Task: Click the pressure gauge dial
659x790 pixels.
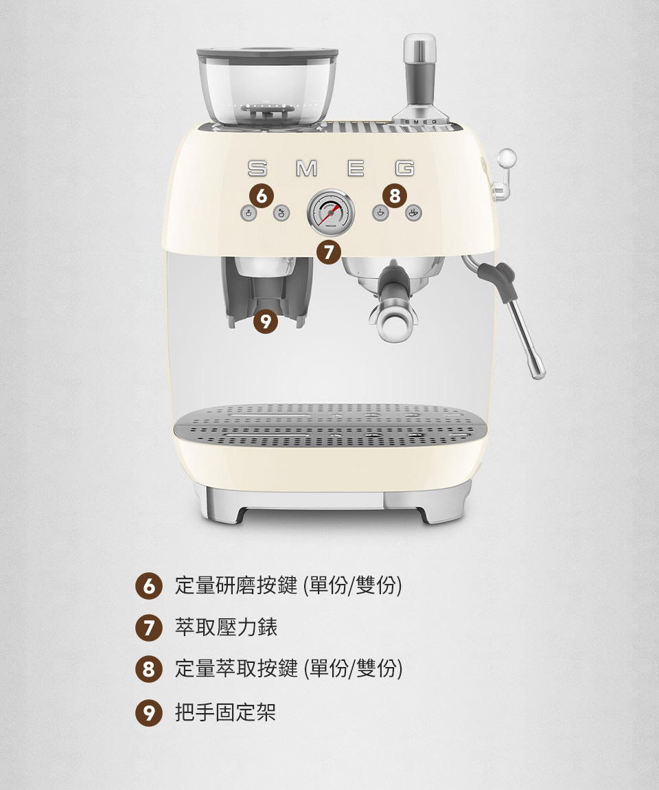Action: click(x=330, y=213)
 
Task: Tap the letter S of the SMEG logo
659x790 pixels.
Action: click(x=257, y=168)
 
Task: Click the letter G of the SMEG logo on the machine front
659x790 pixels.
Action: click(x=404, y=168)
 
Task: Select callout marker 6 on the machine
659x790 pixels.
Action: click(x=262, y=196)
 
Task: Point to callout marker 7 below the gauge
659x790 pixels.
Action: click(x=329, y=252)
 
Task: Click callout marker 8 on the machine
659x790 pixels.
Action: click(x=395, y=196)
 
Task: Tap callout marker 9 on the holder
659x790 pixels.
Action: click(x=266, y=321)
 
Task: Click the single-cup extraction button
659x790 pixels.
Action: click(x=380, y=213)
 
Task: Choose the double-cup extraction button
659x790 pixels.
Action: click(x=414, y=213)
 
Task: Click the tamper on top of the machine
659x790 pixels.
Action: click(x=420, y=80)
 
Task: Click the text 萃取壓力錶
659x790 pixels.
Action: click(x=226, y=627)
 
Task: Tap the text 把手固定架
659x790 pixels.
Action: click(x=225, y=712)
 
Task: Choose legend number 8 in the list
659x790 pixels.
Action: click(x=148, y=669)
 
